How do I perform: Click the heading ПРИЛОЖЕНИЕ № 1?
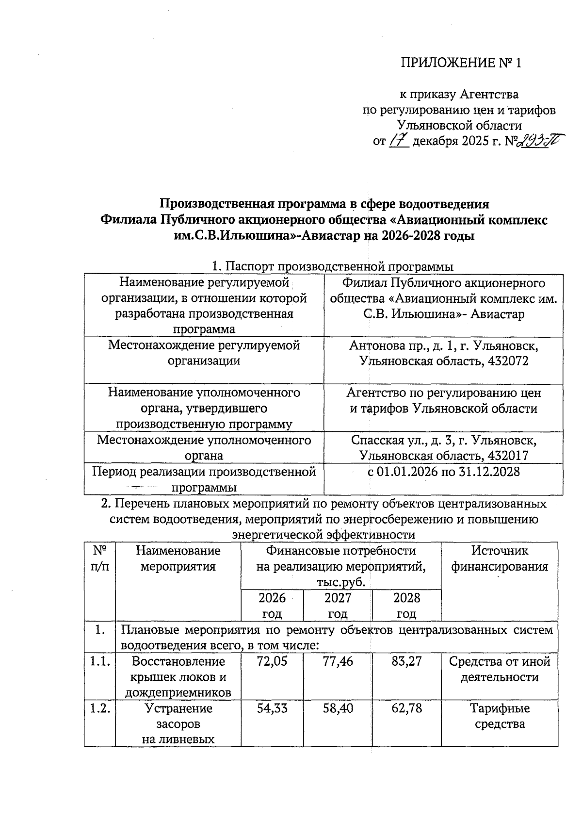(460, 63)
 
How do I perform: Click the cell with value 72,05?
(272, 661)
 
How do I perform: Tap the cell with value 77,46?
(338, 661)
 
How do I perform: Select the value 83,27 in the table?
(406, 661)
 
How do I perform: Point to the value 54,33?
(272, 708)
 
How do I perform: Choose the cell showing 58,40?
(338, 708)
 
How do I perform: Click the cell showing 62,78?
(406, 708)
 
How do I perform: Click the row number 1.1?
(99, 661)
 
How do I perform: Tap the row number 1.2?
(99, 708)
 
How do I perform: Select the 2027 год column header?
(338, 605)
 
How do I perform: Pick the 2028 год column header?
(406, 605)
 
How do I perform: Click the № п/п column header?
(99, 558)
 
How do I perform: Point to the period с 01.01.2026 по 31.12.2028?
(443, 472)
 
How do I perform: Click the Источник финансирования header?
(500, 558)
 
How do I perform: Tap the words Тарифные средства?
(500, 716)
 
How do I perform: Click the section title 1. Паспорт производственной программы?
(332, 266)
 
